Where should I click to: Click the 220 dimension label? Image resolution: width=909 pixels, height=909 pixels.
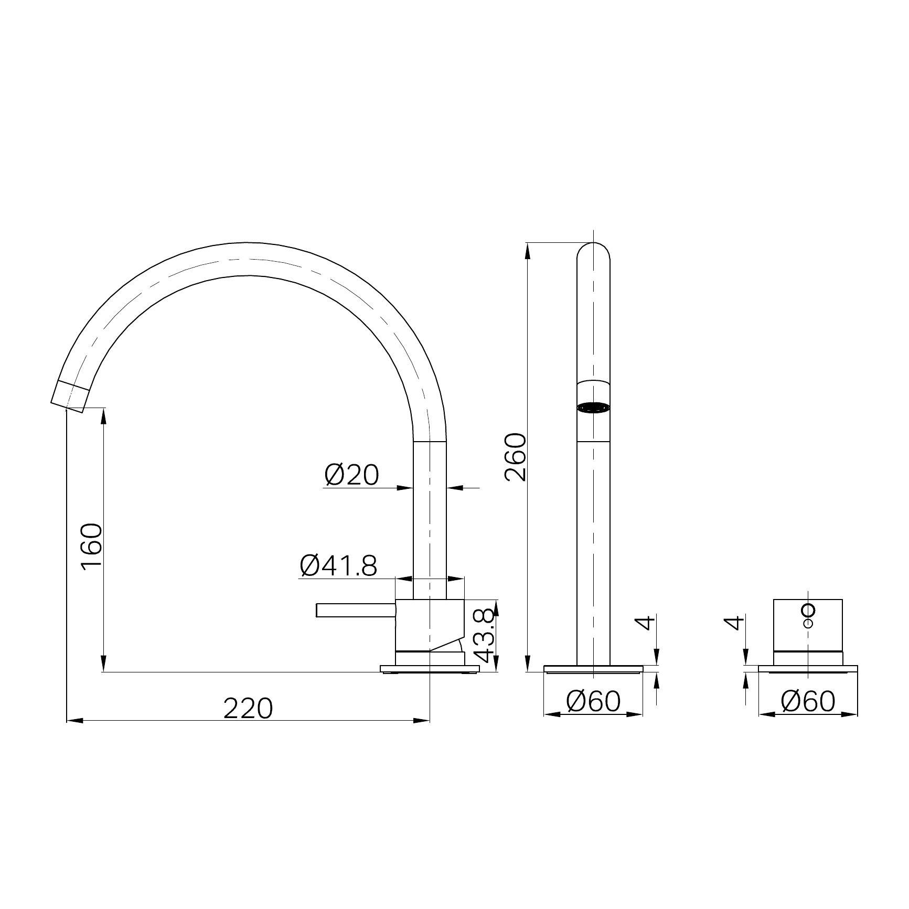click(248, 709)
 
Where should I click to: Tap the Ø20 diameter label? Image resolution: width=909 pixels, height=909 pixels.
click(351, 475)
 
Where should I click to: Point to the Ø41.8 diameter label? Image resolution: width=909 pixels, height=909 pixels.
click(338, 566)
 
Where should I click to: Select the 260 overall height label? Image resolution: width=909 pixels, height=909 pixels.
click(515, 457)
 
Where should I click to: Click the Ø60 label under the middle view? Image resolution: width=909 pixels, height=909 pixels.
click(593, 701)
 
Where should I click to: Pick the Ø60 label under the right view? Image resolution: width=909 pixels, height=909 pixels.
click(808, 701)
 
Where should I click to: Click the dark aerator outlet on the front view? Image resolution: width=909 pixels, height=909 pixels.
click(593, 407)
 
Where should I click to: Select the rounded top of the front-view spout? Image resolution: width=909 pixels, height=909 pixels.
click(593, 249)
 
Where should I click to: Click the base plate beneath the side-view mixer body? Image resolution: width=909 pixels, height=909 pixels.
click(430, 669)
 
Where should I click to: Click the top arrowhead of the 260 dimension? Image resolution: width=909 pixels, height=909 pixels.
click(527, 250)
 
